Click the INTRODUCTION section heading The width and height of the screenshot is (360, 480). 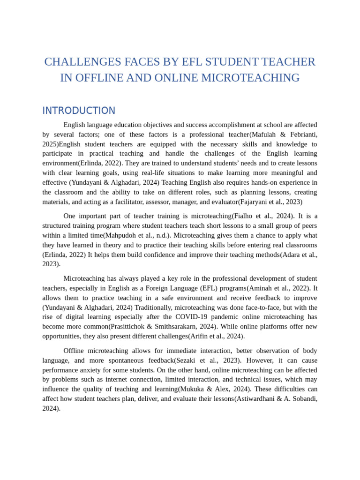click(x=79, y=111)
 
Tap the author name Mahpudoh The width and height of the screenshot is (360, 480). click(x=120, y=235)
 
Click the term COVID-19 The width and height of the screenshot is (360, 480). click(x=197, y=317)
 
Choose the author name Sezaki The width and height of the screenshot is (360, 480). click(x=187, y=360)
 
